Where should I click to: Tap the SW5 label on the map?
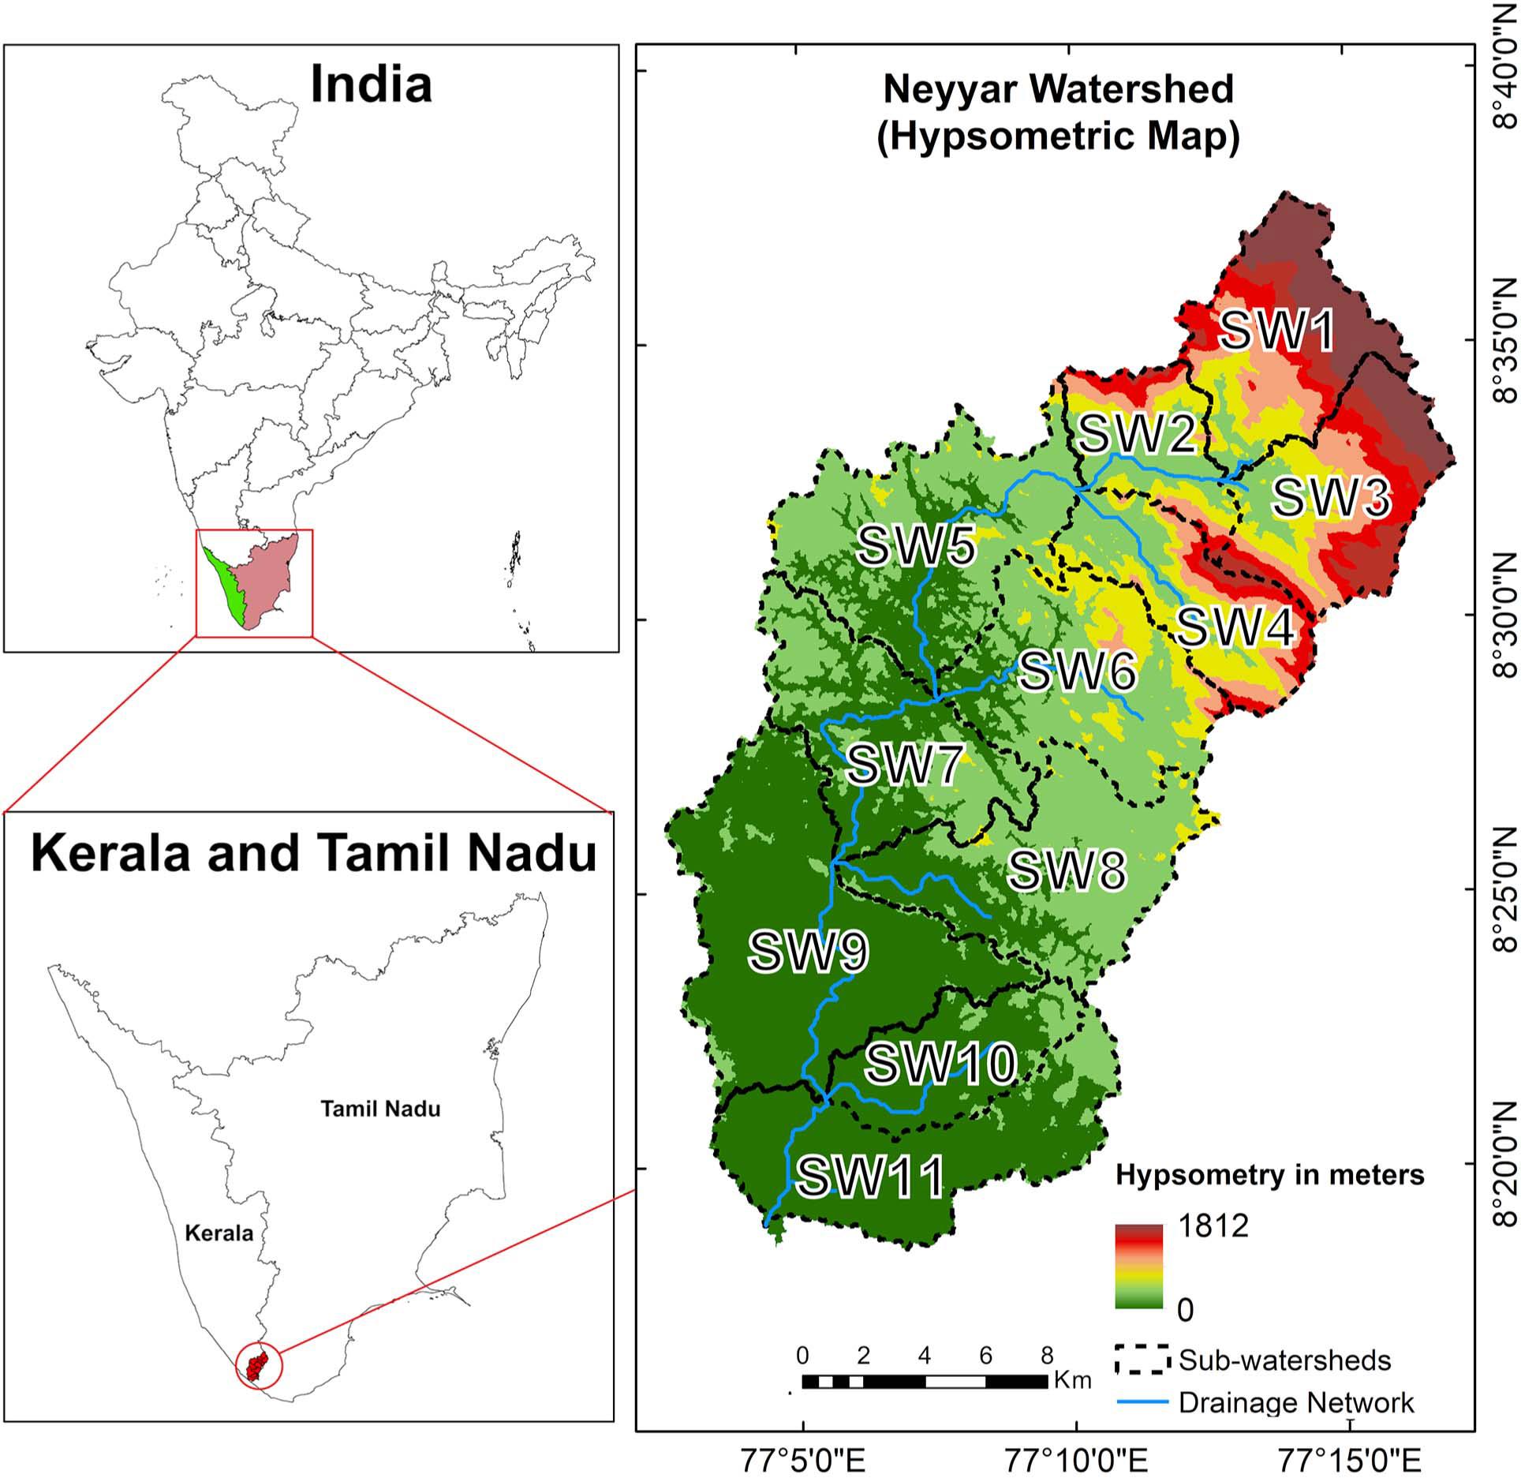point(916,546)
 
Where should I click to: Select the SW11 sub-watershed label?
point(870,1177)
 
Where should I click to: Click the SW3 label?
point(1331,498)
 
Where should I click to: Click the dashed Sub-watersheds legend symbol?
point(1142,1360)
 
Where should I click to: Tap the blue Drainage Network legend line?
point(1142,1402)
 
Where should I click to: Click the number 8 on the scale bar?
point(1046,1356)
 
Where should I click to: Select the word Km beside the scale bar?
point(1073,1381)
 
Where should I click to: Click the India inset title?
point(371,84)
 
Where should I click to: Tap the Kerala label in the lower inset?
point(219,1233)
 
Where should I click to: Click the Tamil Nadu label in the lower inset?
point(380,1109)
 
